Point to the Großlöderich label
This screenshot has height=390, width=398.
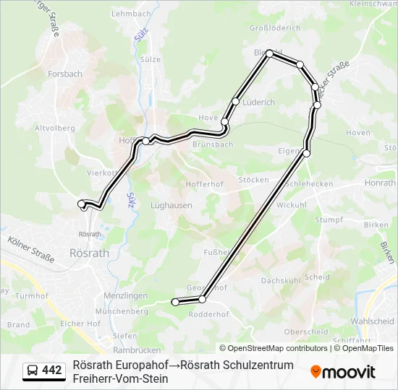pos(274,28)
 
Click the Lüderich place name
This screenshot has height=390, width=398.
pos(258,103)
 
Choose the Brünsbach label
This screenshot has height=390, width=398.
pos(213,144)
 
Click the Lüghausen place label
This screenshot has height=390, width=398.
pos(171,205)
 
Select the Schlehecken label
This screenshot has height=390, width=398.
pos(309,183)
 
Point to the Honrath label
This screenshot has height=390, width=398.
pos(380,183)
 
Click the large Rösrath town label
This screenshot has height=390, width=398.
pos(88,253)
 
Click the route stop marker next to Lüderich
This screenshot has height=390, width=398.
pos(236,101)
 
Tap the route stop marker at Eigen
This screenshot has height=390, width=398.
pos(306,153)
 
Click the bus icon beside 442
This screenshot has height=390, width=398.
pos(33,370)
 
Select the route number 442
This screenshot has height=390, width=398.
pos(52,370)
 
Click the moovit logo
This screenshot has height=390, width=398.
pos(342,372)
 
